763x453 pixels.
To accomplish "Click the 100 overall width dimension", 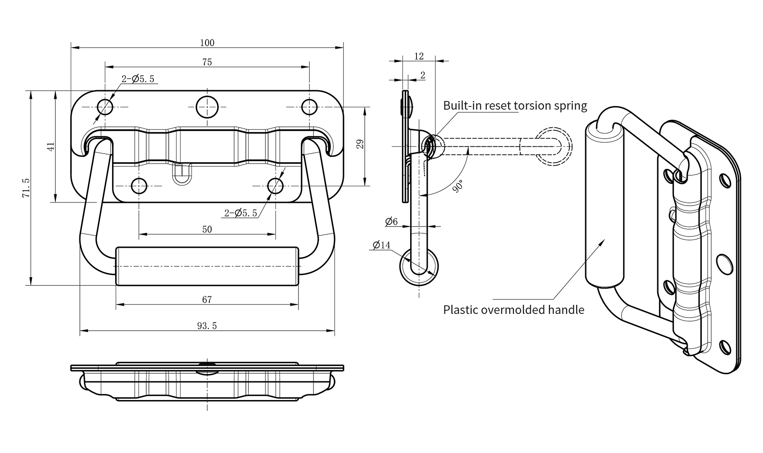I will pyautogui.click(x=207, y=43).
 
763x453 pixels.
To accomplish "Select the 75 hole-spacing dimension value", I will pyautogui.click(x=207, y=62).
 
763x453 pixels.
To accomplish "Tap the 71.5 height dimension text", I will pyautogui.click(x=26, y=187).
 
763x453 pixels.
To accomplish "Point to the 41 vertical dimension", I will pyautogui.click(x=51, y=146).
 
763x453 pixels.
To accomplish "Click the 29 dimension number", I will pyautogui.click(x=360, y=144).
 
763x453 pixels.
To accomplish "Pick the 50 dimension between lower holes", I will pyautogui.click(x=207, y=229).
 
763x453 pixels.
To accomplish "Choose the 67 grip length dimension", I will pyautogui.click(x=207, y=299).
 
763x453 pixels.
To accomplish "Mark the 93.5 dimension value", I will pyautogui.click(x=207, y=326).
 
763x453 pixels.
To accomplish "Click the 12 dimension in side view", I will pyautogui.click(x=419, y=56).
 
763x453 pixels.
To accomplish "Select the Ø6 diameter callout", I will pyautogui.click(x=391, y=222).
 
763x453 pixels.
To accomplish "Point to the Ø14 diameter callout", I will pyautogui.click(x=381, y=245).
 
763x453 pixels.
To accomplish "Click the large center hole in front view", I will pyautogui.click(x=207, y=107).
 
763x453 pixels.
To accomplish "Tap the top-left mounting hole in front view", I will pyautogui.click(x=105, y=107).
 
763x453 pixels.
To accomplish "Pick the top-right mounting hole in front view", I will pyautogui.click(x=309, y=107).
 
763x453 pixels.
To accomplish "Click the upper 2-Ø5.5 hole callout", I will pyautogui.click(x=138, y=79).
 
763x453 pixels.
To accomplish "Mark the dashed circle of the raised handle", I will pyautogui.click(x=554, y=146).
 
